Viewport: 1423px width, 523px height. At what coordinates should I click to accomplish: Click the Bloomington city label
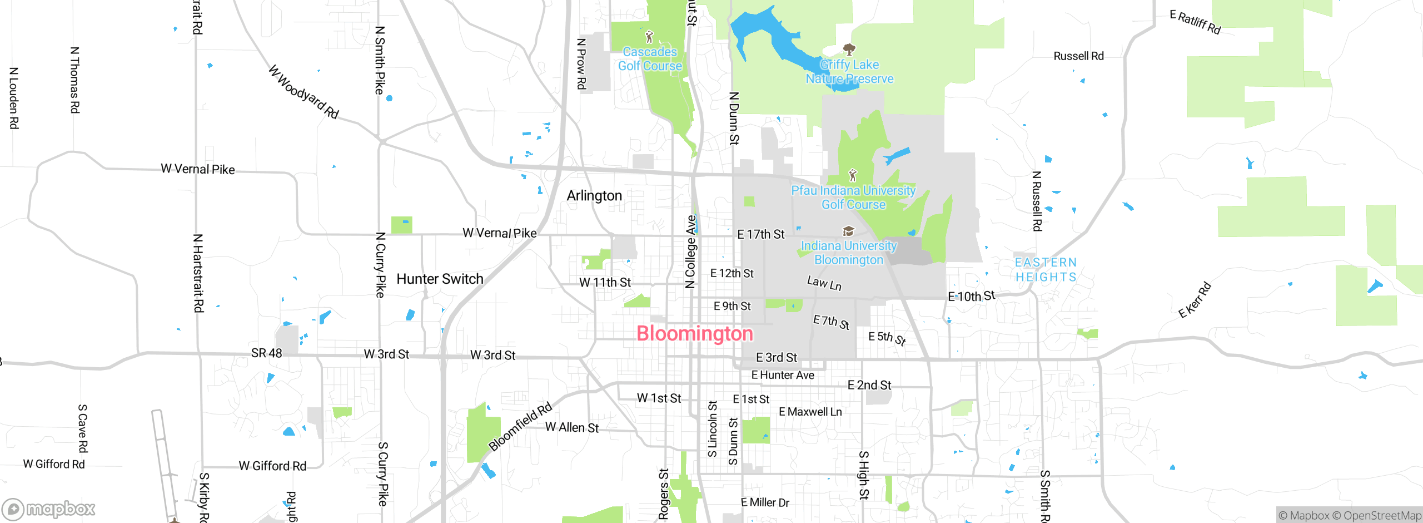[x=694, y=334]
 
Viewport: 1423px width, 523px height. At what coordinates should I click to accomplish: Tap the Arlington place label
[x=594, y=196]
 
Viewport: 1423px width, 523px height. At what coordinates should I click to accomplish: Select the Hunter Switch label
[x=440, y=279]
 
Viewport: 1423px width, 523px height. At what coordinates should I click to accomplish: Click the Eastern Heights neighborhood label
[x=1046, y=270]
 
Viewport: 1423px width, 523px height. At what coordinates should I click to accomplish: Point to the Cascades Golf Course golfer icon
[x=649, y=37]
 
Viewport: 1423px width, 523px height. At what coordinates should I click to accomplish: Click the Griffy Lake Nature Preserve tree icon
[x=849, y=50]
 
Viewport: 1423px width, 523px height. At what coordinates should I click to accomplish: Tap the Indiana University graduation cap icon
[x=848, y=231]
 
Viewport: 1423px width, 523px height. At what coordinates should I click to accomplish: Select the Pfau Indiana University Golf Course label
[x=853, y=198]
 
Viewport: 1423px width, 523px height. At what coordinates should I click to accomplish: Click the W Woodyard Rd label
[x=303, y=92]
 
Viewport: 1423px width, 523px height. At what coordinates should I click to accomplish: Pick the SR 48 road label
[x=266, y=353]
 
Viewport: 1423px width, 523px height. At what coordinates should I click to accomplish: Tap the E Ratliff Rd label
[x=1195, y=22]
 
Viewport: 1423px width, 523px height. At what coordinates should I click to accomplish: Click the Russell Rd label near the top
[x=1078, y=56]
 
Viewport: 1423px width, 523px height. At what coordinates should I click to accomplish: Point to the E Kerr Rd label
[x=1195, y=300]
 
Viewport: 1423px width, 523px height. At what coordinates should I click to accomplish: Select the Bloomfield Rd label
[x=520, y=426]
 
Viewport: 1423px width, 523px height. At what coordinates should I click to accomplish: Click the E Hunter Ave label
[x=783, y=375]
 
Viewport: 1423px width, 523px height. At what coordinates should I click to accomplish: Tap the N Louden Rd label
[x=14, y=98]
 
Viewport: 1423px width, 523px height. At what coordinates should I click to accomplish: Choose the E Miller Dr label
[x=765, y=502]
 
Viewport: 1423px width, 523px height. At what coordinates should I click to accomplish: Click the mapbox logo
[x=49, y=509]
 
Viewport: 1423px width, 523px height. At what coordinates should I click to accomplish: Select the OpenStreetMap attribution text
[x=1382, y=516]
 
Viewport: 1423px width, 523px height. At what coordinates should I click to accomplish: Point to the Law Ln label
[x=824, y=284]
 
